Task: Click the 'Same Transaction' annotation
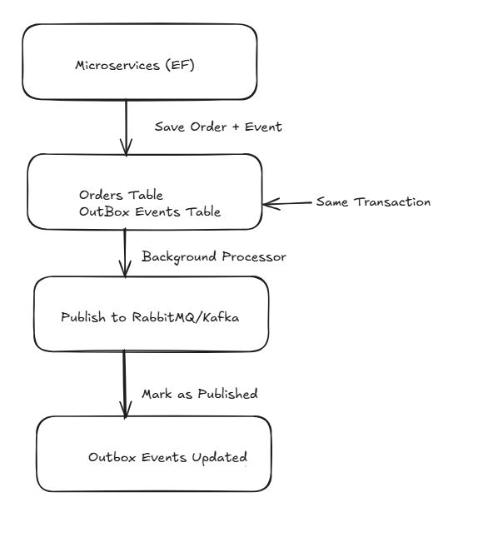click(373, 202)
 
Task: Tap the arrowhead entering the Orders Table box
click(126, 151)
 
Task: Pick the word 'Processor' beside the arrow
click(257, 256)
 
